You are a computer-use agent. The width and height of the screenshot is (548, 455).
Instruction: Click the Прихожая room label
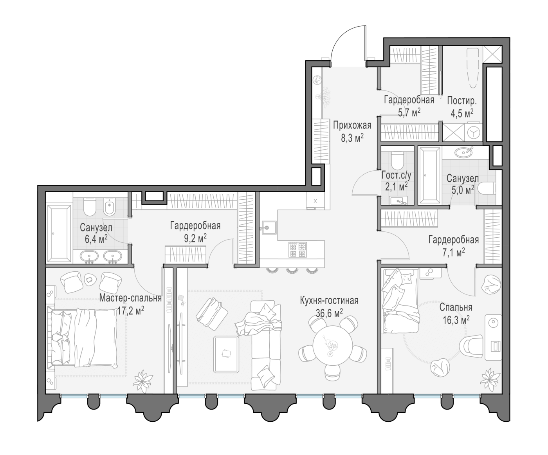[x=352, y=126]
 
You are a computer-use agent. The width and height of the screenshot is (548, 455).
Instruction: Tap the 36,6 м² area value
[x=329, y=313]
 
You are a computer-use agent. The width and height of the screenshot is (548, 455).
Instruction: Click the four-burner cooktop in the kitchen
[x=297, y=249]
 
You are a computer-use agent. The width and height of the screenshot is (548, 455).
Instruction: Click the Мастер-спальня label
[x=130, y=298]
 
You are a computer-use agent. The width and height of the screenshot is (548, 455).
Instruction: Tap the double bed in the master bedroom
[x=82, y=338]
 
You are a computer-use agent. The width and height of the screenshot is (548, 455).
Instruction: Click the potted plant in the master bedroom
[x=143, y=381]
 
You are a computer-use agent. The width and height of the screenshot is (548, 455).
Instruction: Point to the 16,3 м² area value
[x=456, y=320]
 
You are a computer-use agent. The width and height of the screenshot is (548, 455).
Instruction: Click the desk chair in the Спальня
[x=471, y=346]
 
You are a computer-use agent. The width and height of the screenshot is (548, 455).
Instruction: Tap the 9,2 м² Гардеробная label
[x=195, y=226]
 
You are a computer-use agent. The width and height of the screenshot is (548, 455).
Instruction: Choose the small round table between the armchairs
[x=90, y=280]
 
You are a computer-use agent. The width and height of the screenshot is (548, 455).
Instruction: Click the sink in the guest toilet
[x=398, y=200]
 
